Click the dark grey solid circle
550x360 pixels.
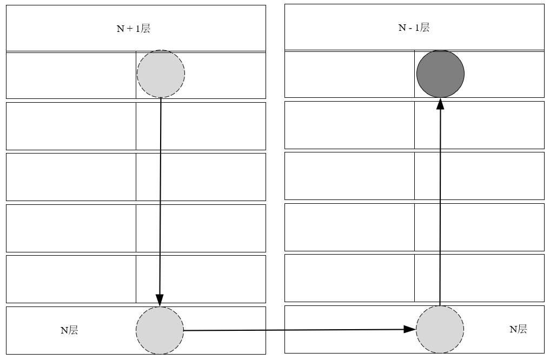440,74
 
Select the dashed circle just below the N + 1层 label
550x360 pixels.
161,74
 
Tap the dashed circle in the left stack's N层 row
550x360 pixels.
160,330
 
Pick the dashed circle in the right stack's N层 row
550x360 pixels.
440,329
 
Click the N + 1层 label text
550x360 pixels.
134,29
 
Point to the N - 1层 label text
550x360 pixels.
414,28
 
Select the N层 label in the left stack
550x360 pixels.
69,330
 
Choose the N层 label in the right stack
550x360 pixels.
518,329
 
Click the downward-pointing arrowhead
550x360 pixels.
160,301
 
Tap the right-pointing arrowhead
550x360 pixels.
409,329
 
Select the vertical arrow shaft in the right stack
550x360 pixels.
440,205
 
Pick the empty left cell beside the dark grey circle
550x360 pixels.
349,74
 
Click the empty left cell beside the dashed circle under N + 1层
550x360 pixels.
71,75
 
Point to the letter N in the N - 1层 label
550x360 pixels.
402,28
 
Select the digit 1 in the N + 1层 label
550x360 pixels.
137,29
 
